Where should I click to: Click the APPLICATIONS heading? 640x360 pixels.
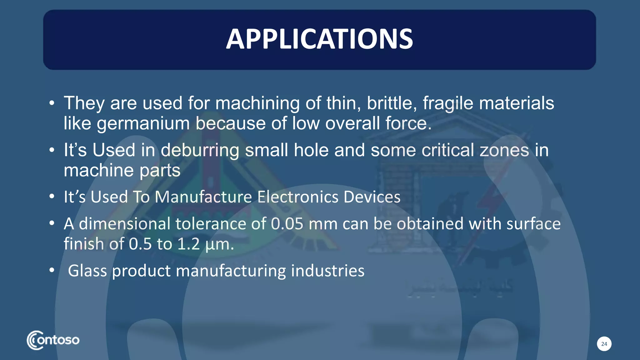(319, 39)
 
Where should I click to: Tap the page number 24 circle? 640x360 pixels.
(604, 344)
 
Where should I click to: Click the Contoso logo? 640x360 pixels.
(53, 340)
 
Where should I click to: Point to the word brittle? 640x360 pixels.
(392, 103)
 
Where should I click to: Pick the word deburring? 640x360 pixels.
(200, 150)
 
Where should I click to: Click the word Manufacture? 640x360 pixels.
(203, 197)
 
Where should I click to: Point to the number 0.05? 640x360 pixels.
(287, 224)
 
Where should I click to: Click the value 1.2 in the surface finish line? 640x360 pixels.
(188, 244)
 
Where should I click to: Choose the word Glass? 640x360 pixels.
(87, 271)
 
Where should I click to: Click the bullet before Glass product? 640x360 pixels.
(52, 270)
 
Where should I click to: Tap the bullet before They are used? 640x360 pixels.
(52, 103)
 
